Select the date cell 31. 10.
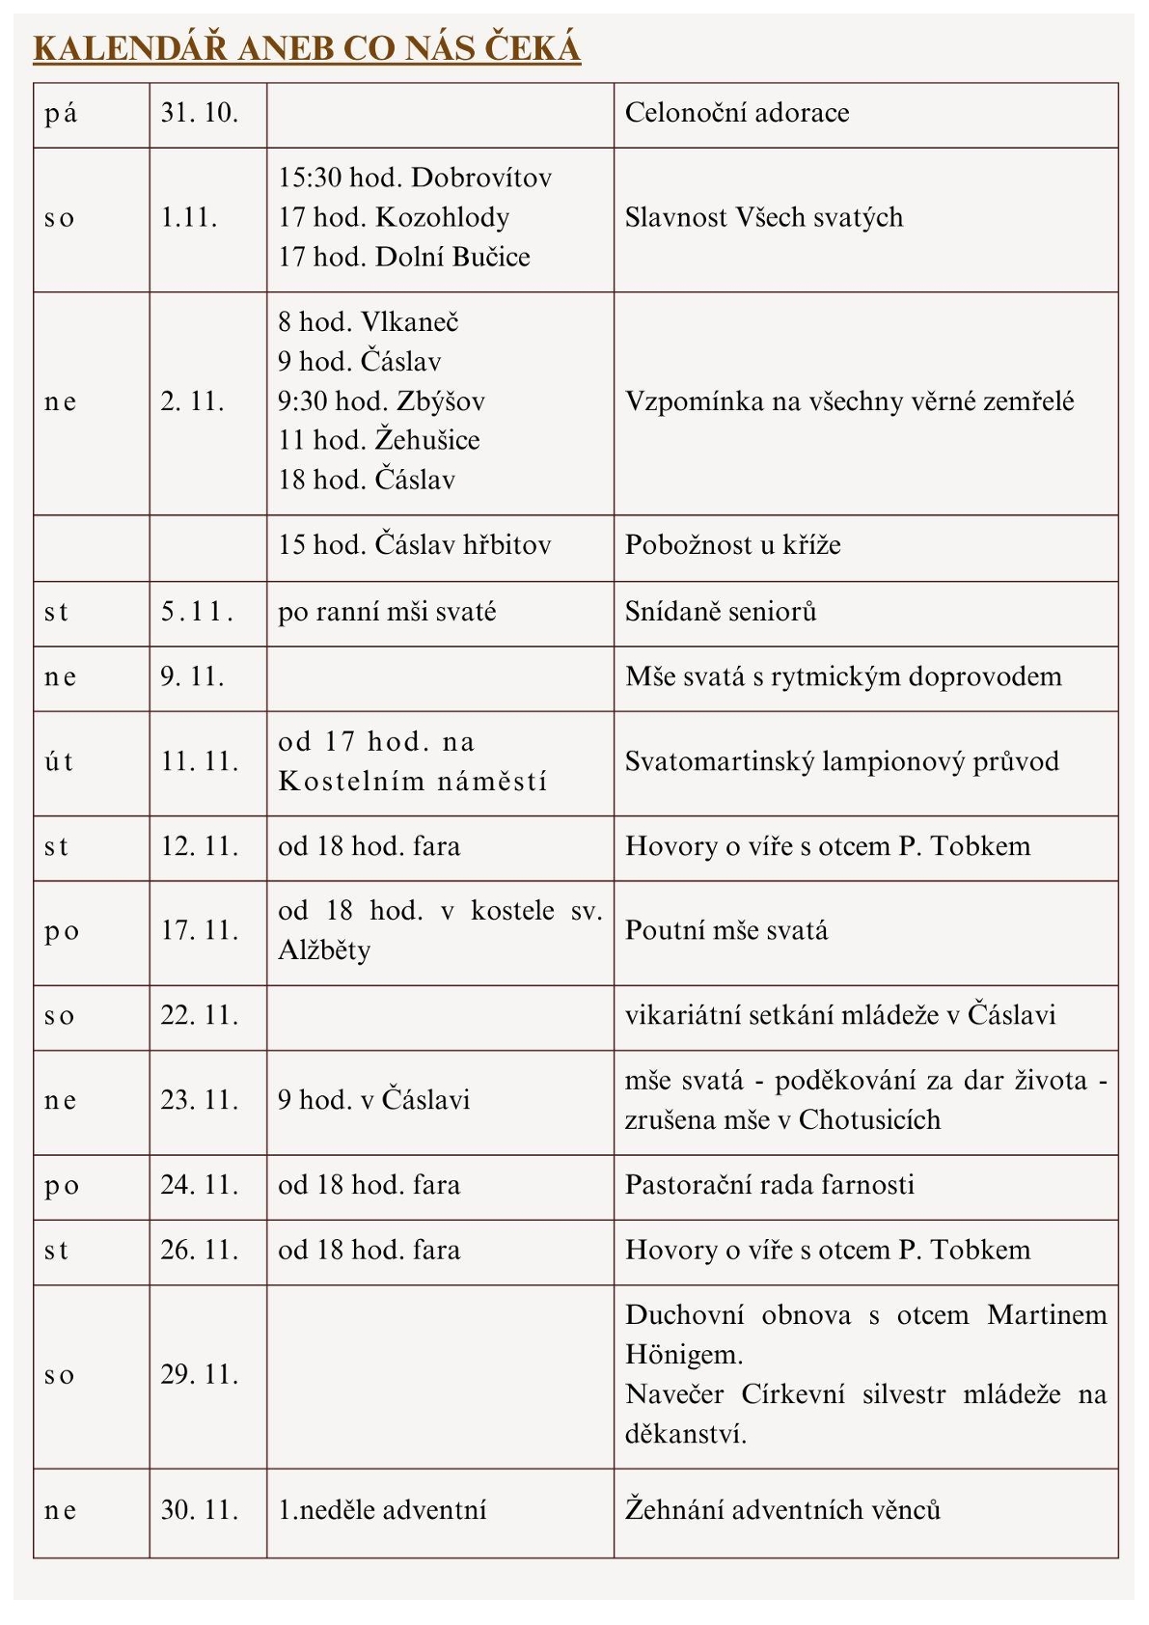click(200, 113)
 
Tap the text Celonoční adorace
click(737, 113)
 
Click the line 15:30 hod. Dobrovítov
click(415, 178)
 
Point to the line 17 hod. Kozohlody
click(394, 217)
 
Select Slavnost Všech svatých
click(764, 217)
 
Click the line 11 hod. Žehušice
click(379, 440)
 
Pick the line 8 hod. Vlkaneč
click(369, 321)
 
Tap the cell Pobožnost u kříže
click(733, 545)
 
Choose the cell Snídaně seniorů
click(721, 612)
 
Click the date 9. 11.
click(192, 676)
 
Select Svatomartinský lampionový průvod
click(842, 761)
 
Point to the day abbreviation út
click(59, 762)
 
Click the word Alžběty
click(324, 950)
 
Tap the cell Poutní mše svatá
click(726, 931)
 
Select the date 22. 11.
click(200, 1015)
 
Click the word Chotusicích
click(869, 1119)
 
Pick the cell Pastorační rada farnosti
click(770, 1185)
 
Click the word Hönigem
click(684, 1355)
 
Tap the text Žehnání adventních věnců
click(782, 1510)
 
